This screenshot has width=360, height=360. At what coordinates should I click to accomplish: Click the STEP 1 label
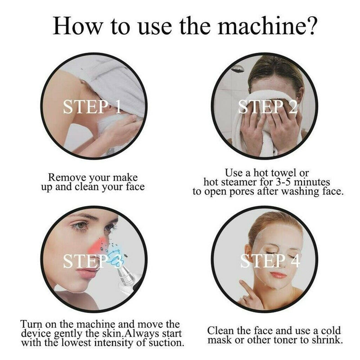[x=92, y=107]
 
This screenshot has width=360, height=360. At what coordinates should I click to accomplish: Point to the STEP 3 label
[x=92, y=261]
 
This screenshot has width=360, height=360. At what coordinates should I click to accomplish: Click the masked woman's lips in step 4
[x=278, y=275]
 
